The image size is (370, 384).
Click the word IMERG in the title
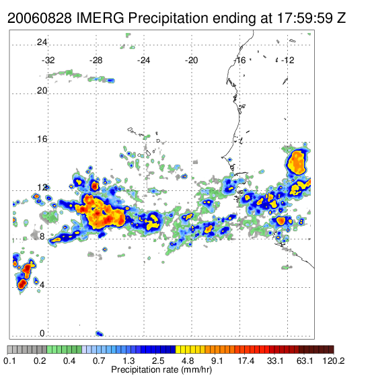pos(100,18)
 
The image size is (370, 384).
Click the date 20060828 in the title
pos(40,18)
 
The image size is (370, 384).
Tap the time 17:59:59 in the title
pos(305,18)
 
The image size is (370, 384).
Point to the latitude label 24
pos(42,42)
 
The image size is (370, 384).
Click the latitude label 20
pos(42,91)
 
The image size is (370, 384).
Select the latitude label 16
pos(42,139)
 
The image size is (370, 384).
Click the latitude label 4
pos(42,285)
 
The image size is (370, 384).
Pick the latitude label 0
pos(42,334)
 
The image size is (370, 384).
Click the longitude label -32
pos(48,61)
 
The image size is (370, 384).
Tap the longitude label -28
pos(96,61)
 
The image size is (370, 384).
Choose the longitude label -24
pos(143,61)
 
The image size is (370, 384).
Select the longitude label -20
pos(191,61)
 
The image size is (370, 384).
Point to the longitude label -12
pos(287,61)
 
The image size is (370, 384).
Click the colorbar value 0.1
pos(9,360)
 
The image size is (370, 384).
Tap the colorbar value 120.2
pos(334,360)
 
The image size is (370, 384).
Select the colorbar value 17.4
pos(246,360)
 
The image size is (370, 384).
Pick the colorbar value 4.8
pos(187,360)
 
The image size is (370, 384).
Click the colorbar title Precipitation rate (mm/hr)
pos(161,370)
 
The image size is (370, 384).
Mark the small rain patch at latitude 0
pos(100,334)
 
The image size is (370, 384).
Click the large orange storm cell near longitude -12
pos(297,162)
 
